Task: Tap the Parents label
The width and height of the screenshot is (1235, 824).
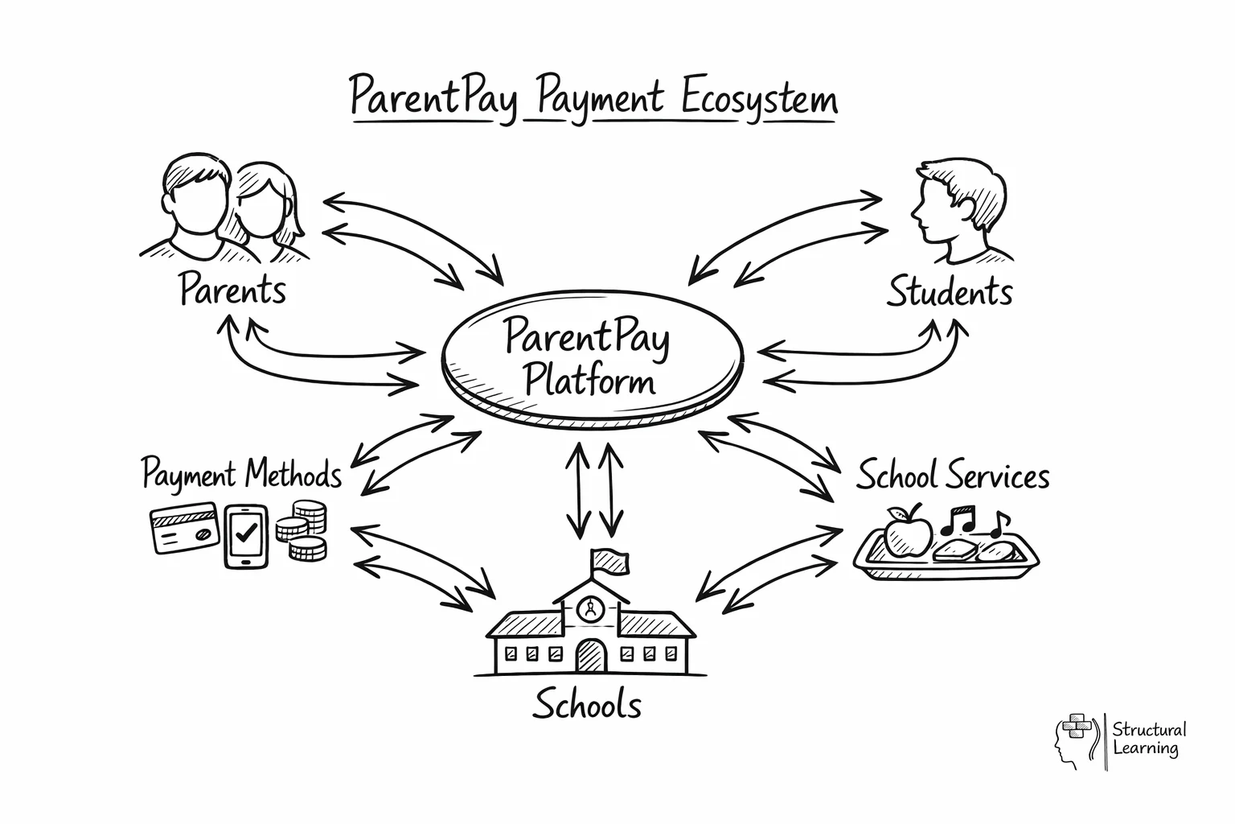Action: pos(232,290)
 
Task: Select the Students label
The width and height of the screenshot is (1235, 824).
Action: pos(949,291)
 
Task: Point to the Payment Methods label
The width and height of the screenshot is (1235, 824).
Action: pos(241,474)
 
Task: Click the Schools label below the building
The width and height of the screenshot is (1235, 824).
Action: pos(587,705)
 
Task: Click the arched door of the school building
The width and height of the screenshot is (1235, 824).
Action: pos(591,655)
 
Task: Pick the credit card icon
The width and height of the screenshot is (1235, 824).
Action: pos(184,528)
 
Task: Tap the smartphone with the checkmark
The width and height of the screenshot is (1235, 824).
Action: pos(246,535)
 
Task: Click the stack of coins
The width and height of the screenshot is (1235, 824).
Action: pos(302,530)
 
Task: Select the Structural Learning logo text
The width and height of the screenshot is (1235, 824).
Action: pos(1148,739)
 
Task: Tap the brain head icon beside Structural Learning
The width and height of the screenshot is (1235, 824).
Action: pos(1073,740)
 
